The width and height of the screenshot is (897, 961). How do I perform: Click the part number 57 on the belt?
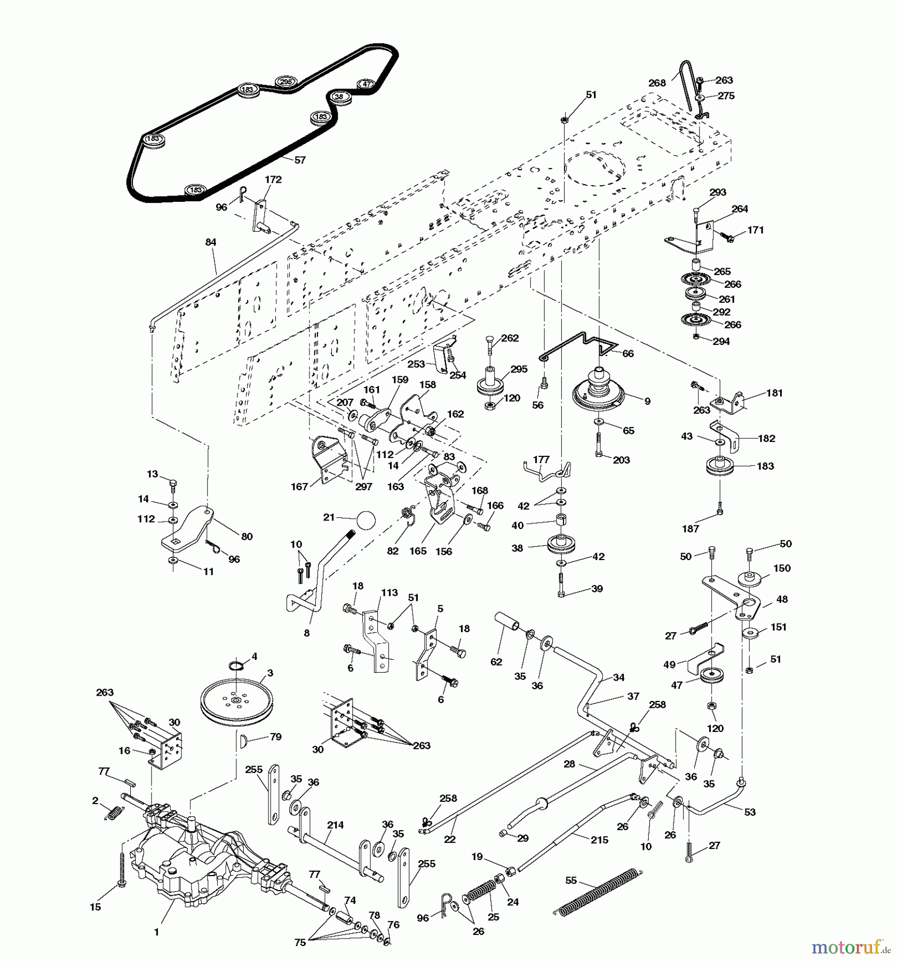pyautogui.click(x=300, y=160)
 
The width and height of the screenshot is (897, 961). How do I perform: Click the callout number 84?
pyautogui.click(x=211, y=242)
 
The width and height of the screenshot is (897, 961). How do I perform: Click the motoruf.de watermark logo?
pyautogui.click(x=852, y=948)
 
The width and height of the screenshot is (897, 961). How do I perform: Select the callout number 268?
pyautogui.click(x=657, y=83)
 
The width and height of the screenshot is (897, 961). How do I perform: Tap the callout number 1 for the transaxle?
pyautogui.click(x=156, y=932)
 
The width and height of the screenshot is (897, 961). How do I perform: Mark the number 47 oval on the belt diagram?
pyautogui.click(x=366, y=84)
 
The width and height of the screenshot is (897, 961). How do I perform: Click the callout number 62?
pyautogui.click(x=496, y=661)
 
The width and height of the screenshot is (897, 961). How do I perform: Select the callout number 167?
pyautogui.click(x=300, y=486)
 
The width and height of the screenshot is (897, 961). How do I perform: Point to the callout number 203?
pyautogui.click(x=622, y=460)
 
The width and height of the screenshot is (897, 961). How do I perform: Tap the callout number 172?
pyautogui.click(x=273, y=180)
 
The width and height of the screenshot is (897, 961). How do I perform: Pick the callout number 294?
pyautogui.click(x=721, y=341)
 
